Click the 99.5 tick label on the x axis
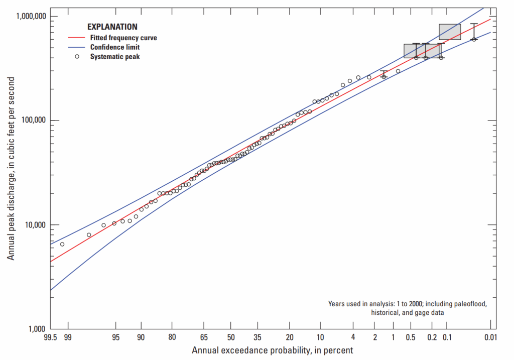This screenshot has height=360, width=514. [x=51, y=338]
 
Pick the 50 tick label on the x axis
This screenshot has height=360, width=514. [x=231, y=338]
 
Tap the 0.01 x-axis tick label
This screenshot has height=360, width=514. [x=490, y=338]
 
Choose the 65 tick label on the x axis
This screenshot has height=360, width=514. [x=204, y=338]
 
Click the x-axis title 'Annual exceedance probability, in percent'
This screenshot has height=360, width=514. [x=272, y=350]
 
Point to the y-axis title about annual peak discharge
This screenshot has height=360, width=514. [x=11, y=169]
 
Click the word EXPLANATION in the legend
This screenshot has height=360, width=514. [x=112, y=27]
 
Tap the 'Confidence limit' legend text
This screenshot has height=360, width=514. [x=115, y=47]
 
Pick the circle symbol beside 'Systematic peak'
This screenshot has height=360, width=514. [x=77, y=56]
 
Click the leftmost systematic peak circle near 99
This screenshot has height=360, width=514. [x=62, y=244]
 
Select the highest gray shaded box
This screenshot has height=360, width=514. [x=450, y=32]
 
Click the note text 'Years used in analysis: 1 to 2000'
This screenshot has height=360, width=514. [x=407, y=304]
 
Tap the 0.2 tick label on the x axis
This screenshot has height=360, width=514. [x=433, y=338]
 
